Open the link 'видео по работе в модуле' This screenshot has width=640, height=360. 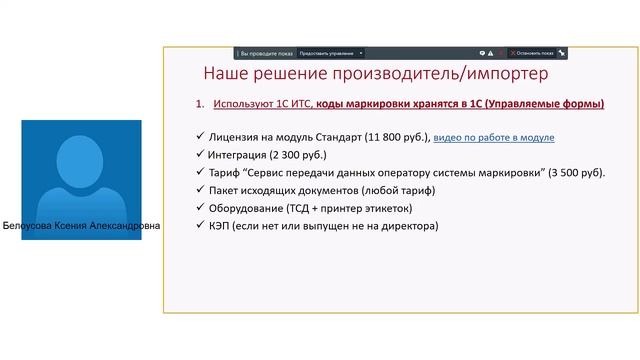493,137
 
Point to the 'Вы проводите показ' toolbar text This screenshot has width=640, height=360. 266,52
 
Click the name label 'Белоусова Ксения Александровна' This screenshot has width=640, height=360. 81,227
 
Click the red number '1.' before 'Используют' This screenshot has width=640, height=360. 200,104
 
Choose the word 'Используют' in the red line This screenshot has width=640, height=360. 241,104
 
